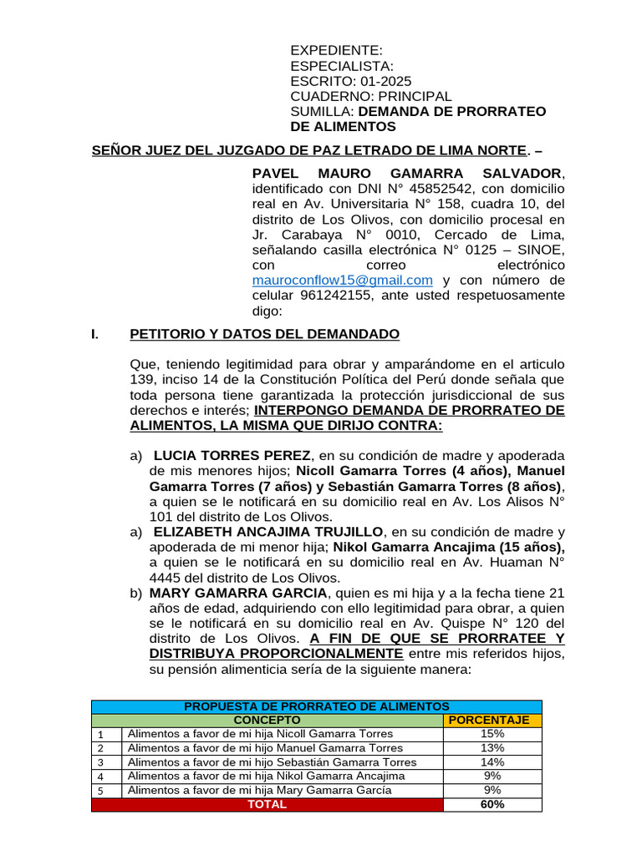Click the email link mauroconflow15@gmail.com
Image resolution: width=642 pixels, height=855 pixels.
(342, 280)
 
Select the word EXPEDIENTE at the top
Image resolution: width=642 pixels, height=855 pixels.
(336, 51)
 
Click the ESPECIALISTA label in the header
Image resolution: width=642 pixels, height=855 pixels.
(341, 66)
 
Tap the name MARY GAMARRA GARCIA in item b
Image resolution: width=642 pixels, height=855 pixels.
(222, 594)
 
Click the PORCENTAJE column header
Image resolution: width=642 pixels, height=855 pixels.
(492, 720)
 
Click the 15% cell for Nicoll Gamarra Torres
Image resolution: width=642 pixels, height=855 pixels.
(492, 734)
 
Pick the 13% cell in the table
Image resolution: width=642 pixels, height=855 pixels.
(492, 748)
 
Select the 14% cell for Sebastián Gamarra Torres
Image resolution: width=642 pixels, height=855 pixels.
(492, 762)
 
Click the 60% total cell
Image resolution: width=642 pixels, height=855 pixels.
(492, 805)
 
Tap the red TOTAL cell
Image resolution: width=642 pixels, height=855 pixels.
(267, 805)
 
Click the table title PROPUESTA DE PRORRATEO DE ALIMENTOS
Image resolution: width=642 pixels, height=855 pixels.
(316, 706)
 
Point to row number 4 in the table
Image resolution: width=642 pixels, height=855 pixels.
(99, 777)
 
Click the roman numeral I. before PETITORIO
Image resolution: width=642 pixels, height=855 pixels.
(94, 335)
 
